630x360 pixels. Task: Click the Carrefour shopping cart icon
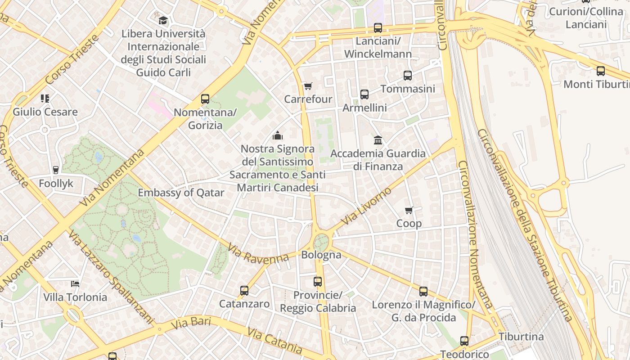click(x=308, y=86)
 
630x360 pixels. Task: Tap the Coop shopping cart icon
click(x=409, y=210)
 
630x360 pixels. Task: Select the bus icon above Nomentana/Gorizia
click(x=205, y=99)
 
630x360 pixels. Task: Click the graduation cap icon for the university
click(x=163, y=20)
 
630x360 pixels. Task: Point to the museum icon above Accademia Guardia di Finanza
click(x=378, y=140)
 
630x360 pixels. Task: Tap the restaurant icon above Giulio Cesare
click(x=45, y=98)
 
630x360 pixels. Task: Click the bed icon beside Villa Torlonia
click(x=75, y=283)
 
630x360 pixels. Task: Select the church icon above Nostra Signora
click(x=278, y=135)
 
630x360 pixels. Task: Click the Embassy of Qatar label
click(x=181, y=193)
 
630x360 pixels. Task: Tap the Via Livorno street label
click(x=366, y=207)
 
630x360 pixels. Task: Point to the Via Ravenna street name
click(x=258, y=254)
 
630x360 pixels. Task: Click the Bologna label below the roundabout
click(x=321, y=255)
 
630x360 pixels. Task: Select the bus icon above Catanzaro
click(x=244, y=290)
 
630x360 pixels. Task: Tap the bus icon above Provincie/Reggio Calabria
click(x=318, y=282)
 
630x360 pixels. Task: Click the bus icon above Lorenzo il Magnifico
click(x=423, y=292)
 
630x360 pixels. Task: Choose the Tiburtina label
click(x=521, y=337)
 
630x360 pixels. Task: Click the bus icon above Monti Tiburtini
click(x=601, y=71)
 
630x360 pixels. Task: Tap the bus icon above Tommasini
click(x=408, y=76)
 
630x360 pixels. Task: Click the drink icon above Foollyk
click(x=56, y=170)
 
